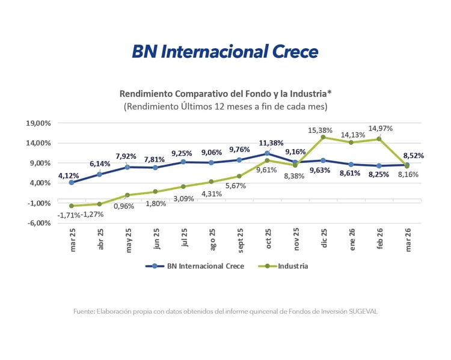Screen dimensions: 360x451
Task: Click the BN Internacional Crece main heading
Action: point(225,52)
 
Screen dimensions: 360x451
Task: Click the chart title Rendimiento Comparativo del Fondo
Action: point(225,94)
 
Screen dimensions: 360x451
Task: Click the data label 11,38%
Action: point(271,142)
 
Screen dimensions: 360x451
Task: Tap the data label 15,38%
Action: point(322,129)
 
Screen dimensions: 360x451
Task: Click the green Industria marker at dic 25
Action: point(324,137)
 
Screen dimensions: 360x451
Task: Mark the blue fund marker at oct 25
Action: point(268,153)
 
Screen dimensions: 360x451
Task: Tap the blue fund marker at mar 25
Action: point(72,182)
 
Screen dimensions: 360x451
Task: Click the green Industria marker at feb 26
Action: point(379,139)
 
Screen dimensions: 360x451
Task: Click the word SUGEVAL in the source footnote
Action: point(361,311)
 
